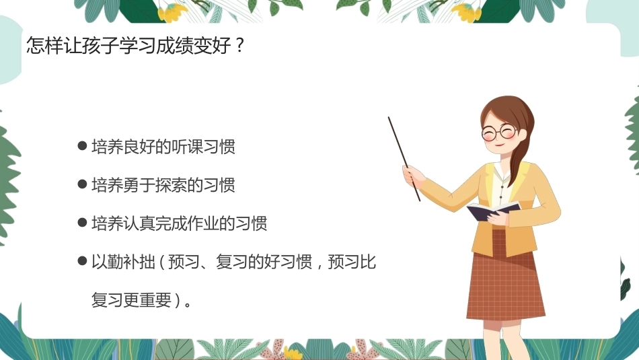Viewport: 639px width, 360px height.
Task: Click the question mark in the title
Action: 239,45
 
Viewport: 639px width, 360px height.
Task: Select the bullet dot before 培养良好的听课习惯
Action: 82,146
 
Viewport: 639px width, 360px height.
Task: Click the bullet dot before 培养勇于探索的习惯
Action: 82,184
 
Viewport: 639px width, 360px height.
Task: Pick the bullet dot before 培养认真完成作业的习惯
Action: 82,223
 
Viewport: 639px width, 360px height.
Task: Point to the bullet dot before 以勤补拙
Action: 82,261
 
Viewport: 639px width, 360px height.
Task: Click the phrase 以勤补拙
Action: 124,261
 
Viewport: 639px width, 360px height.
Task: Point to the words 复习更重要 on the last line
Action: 131,300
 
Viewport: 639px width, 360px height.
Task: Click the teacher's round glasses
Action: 499,133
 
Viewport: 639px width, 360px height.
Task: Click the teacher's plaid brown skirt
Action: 505,277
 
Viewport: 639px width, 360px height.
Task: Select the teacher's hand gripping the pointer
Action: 412,176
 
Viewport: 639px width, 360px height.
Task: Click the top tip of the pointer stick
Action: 389,118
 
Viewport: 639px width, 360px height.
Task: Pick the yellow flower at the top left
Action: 173,12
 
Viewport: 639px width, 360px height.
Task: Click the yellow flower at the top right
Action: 467,12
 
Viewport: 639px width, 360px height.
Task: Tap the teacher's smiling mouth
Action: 498,145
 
